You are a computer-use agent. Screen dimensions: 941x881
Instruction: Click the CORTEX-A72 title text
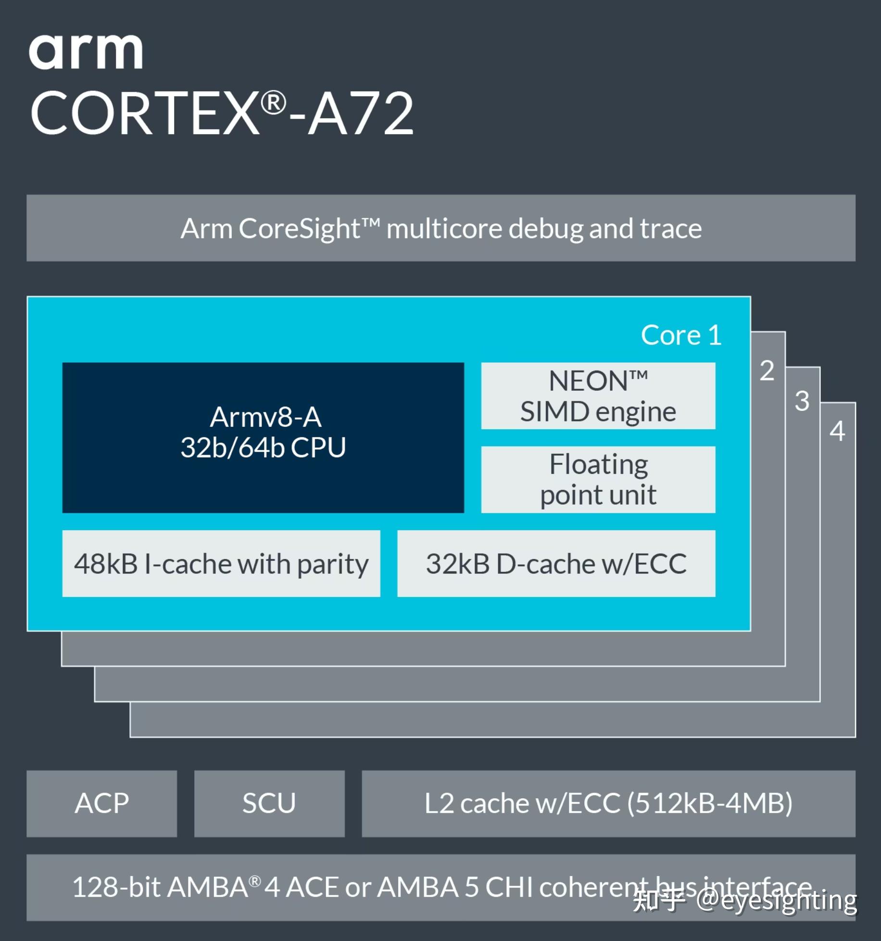point(221,113)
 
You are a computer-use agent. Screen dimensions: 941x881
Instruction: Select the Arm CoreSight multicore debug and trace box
point(440,228)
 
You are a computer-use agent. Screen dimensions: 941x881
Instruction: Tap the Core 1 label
point(681,335)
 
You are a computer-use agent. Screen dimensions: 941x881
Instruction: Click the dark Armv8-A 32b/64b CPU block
point(263,437)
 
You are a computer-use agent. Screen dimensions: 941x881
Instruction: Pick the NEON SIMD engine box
point(598,396)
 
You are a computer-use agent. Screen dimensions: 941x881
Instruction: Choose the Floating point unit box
point(598,479)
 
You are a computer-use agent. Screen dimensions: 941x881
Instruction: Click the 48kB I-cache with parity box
point(221,563)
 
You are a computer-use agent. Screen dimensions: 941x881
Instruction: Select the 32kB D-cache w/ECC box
point(556,563)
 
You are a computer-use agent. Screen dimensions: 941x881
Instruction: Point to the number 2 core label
point(767,371)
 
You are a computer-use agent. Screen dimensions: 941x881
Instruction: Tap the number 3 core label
point(802,401)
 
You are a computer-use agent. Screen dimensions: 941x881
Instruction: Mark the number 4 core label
point(837,431)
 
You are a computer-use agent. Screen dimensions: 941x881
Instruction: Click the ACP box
point(102,804)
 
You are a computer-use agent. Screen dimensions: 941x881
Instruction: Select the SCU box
point(269,804)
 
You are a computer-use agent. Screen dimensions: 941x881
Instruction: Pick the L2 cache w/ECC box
point(608,804)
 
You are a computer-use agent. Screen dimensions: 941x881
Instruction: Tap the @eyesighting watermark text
point(776,900)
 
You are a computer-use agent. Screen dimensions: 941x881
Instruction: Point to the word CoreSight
point(299,228)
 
